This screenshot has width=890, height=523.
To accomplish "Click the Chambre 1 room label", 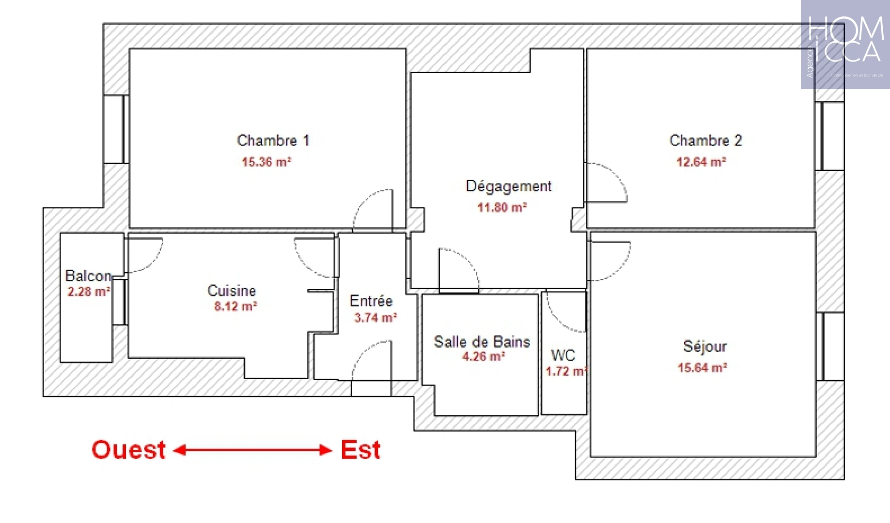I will pyautogui.click(x=273, y=140).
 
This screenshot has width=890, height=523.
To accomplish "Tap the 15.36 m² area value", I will pyautogui.click(x=266, y=162).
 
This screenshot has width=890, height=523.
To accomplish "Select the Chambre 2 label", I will pyautogui.click(x=705, y=140).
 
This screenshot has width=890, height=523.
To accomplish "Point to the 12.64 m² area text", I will pyautogui.click(x=701, y=162).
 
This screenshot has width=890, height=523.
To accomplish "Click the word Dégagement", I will pyautogui.click(x=508, y=186).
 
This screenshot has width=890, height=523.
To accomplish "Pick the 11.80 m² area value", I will pyautogui.click(x=502, y=208).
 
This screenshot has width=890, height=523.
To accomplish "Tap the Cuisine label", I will pyautogui.click(x=232, y=291).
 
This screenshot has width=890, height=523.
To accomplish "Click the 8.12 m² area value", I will pyautogui.click(x=235, y=307).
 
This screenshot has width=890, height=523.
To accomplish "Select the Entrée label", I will pyautogui.click(x=371, y=301).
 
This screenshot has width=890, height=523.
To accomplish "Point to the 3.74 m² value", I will pyautogui.click(x=375, y=318).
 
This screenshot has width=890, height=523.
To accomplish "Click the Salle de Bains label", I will pyautogui.click(x=482, y=342).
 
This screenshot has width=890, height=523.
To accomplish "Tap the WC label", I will pyautogui.click(x=563, y=355).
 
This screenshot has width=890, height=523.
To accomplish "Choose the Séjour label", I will pyautogui.click(x=705, y=346).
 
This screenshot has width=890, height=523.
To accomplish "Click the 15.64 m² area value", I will pyautogui.click(x=702, y=368).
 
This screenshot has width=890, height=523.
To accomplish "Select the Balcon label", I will pyautogui.click(x=88, y=276).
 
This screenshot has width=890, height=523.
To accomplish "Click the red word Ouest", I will pyautogui.click(x=129, y=450).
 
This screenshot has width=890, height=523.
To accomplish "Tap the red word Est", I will pyautogui.click(x=360, y=450).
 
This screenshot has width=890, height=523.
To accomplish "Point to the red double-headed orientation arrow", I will pyautogui.click(x=252, y=450).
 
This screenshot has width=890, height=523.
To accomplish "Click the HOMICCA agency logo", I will pyautogui.click(x=845, y=45).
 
